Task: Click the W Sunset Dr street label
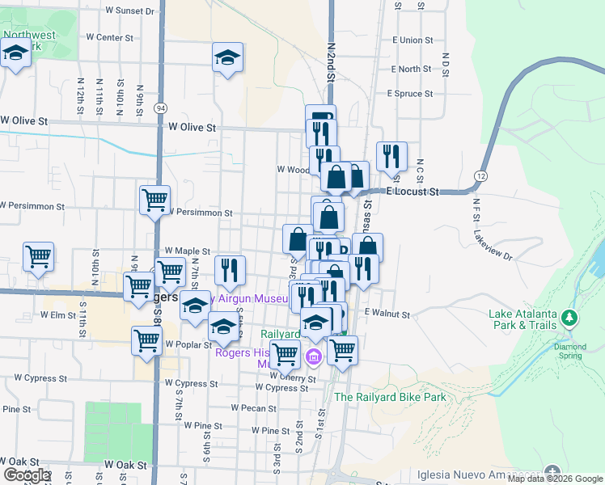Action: coord(129,11)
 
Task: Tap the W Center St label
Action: coord(108,37)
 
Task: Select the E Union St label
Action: coord(412,40)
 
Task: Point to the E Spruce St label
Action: coord(416,94)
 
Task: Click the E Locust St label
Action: coord(412,192)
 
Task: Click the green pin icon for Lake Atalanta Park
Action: coord(572,318)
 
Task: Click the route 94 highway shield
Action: coord(162,108)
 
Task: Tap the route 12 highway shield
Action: coord(482,175)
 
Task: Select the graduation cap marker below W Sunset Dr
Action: coord(228,58)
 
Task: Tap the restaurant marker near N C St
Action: coord(391,155)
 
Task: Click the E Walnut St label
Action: coord(388,313)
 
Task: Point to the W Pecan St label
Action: coord(253,408)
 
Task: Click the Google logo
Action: coord(26,475)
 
